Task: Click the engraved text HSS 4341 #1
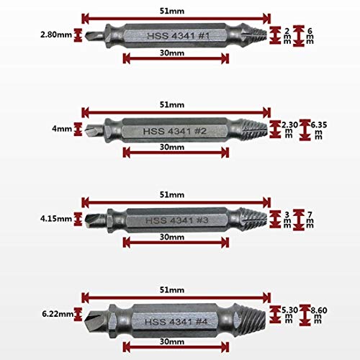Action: (179, 36)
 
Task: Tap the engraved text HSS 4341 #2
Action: (175, 131)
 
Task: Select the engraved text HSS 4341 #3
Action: (176, 220)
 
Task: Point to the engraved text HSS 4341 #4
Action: (176, 322)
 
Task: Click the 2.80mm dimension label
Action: (56, 35)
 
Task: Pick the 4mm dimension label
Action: (62, 129)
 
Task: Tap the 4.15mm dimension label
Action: (56, 219)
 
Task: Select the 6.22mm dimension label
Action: (58, 314)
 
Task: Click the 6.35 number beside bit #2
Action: (319, 125)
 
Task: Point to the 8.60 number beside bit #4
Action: (319, 310)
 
